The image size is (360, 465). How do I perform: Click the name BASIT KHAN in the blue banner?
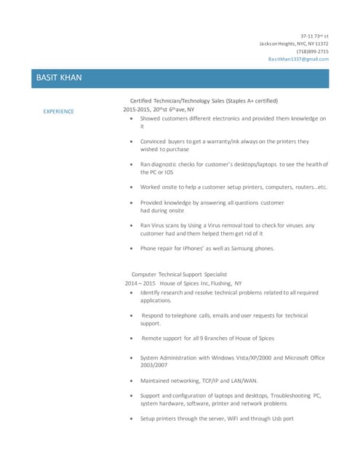(59, 78)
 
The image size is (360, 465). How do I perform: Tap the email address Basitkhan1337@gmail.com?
(298, 59)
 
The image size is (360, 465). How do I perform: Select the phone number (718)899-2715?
(313, 52)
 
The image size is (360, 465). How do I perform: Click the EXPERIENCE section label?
(58, 111)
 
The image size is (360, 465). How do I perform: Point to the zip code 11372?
(321, 44)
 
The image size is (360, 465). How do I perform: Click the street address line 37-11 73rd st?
(314, 36)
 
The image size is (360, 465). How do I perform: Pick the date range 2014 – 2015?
(140, 283)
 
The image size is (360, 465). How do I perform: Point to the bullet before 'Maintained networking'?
(130, 380)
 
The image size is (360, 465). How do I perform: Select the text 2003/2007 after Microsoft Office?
(153, 365)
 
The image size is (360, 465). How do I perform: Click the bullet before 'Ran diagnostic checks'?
(130, 164)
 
